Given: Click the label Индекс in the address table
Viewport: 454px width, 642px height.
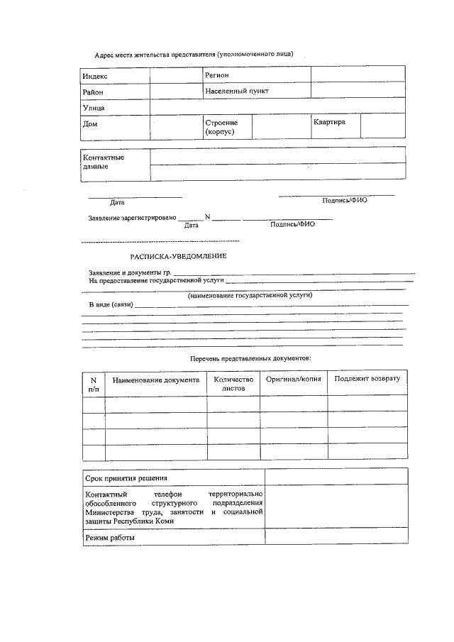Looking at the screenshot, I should pyautogui.click(x=96, y=76).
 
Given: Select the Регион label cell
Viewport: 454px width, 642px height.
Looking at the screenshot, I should pyautogui.click(x=217, y=74).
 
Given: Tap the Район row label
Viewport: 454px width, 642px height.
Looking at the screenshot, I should pyautogui.click(x=93, y=92).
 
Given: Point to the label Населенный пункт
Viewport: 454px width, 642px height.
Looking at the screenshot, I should pyautogui.click(x=237, y=92).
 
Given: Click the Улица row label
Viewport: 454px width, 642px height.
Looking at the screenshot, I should pyautogui.click(x=94, y=108).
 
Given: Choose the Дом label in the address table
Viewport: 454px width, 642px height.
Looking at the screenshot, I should pyautogui.click(x=90, y=124).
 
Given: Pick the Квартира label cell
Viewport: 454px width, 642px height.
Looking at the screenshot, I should pyautogui.click(x=329, y=122).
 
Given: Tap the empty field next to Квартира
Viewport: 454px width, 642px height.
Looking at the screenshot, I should pyautogui.click(x=383, y=127).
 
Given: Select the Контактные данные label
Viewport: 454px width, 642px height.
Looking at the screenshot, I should pyautogui.click(x=104, y=162).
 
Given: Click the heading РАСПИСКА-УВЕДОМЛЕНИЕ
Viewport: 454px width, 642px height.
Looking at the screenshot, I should pyautogui.click(x=178, y=256).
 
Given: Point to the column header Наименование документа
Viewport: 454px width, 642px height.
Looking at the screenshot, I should pyautogui.click(x=156, y=380).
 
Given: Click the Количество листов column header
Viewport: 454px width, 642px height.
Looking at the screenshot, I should pyautogui.click(x=233, y=384).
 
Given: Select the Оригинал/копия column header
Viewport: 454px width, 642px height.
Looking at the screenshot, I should pyautogui.click(x=293, y=380).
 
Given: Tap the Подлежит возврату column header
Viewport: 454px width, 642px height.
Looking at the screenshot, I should pyautogui.click(x=367, y=379).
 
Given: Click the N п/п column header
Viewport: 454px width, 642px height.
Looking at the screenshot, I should pyautogui.click(x=94, y=384).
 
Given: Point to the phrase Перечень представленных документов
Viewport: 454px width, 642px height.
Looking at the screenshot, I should pyautogui.click(x=250, y=359).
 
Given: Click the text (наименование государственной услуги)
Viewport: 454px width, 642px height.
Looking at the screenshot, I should pyautogui.click(x=250, y=294).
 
